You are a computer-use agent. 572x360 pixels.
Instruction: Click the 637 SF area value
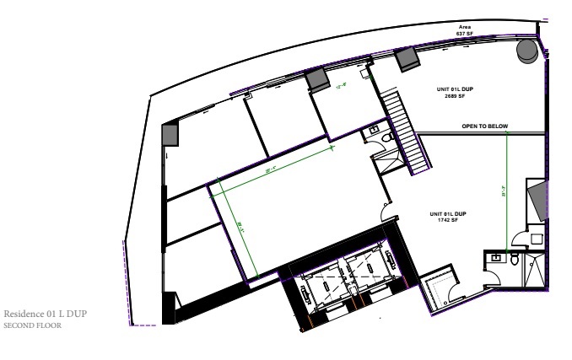tap(464, 33)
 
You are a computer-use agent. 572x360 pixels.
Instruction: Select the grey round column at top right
tap(528, 51)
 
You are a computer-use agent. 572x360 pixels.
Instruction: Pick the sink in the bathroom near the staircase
tap(373, 131)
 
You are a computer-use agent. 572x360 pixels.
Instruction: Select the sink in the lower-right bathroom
tap(493, 256)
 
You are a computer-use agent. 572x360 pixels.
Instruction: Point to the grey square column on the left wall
tap(170, 135)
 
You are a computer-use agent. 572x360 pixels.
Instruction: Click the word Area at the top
tap(464, 27)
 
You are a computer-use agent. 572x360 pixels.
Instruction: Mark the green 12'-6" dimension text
tap(343, 85)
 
